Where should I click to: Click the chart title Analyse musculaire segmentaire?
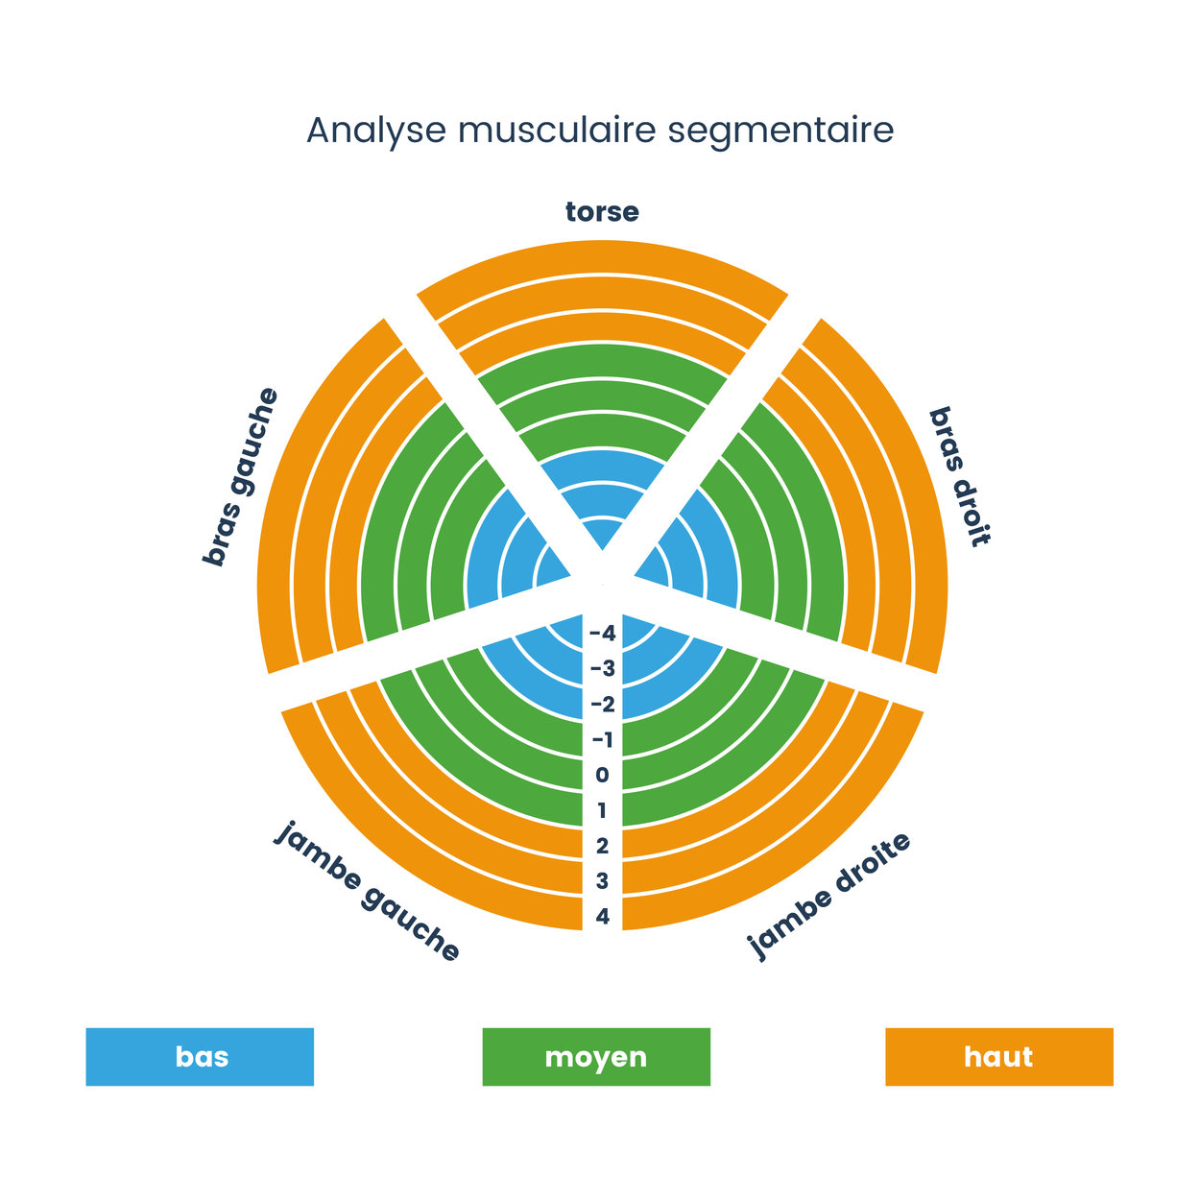coord(600,131)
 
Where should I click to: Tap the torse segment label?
coord(602,212)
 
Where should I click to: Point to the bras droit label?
coord(960,476)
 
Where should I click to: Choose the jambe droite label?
coord(828,896)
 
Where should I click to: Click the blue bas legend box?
coord(200,1057)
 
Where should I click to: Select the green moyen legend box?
coord(596,1057)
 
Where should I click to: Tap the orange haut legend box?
coord(998,1057)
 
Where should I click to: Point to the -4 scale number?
coord(602,634)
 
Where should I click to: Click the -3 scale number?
coord(602,669)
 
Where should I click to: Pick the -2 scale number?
coord(602,705)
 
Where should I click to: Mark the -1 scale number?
coord(602,740)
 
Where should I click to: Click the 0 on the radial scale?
coord(602,776)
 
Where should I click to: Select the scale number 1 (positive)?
coord(602,811)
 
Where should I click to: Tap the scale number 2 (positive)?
coord(602,847)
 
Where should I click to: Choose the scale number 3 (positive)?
coord(602,881)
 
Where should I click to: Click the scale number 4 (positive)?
coord(602,917)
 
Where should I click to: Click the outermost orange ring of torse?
coord(602,256)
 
